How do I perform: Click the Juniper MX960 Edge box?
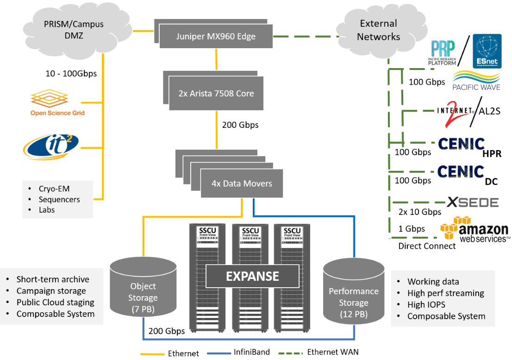tap(216, 36)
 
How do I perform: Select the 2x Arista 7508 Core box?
tap(216, 93)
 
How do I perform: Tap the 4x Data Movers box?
tap(241, 183)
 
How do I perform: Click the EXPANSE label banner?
tap(252, 277)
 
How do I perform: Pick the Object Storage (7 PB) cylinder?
tap(143, 292)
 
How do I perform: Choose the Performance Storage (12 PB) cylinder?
tap(353, 297)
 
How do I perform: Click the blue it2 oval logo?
tap(51, 146)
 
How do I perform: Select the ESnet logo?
tap(486, 51)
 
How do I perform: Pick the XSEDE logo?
tap(473, 202)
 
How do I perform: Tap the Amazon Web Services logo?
tap(474, 230)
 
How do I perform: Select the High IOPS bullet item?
tap(427, 304)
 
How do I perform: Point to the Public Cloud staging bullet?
tap(55, 303)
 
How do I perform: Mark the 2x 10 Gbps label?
tap(420, 212)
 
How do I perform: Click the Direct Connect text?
tap(427, 246)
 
